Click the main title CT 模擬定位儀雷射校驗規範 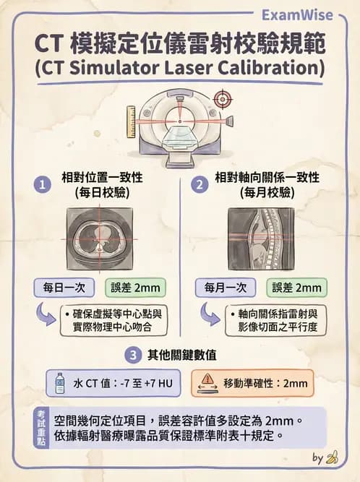[180, 44]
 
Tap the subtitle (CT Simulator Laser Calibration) [180, 69]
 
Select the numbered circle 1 [44, 186]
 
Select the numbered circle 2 [199, 186]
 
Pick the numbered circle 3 [132, 355]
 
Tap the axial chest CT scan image [100, 238]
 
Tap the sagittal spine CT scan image [261, 238]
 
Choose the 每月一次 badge [226, 287]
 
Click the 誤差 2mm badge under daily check [135, 287]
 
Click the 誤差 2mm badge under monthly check [296, 287]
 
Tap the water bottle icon [60, 383]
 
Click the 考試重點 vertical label [42, 427]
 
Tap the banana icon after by [333, 457]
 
